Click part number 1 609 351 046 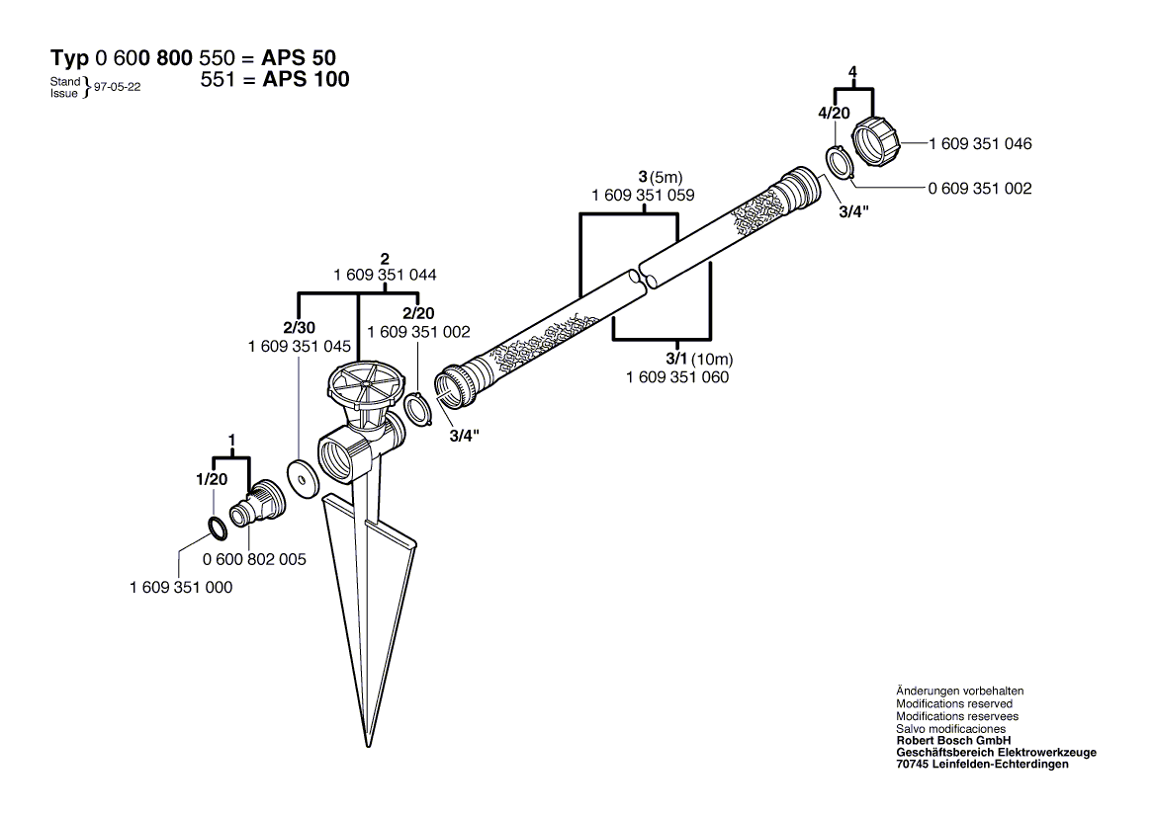pos(980,144)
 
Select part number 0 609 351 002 pos(980,188)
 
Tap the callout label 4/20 pos(834,113)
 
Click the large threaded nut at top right pos(878,139)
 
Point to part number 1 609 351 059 pos(643,196)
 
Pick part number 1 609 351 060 pos(677,376)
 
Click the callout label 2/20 pos(418,313)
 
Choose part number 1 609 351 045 pos(300,347)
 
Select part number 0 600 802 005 pos(254,559)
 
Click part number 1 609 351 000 pos(181,587)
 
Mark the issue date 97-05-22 pos(117,87)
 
